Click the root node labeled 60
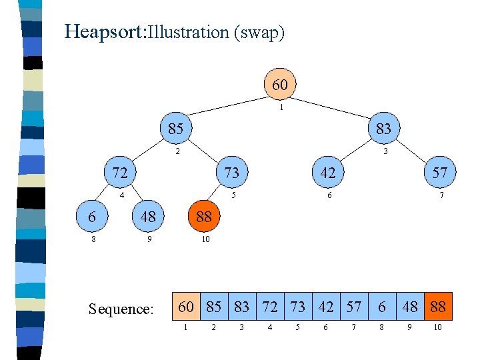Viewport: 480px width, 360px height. coord(280,85)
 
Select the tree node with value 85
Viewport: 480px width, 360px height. coord(175,128)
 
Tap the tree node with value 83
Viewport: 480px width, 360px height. coord(383,128)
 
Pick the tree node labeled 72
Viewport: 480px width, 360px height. coord(120,173)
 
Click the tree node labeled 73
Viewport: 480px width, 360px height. coord(231,173)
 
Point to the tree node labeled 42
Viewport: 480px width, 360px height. coord(328,173)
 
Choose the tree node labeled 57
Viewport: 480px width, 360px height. coord(439,173)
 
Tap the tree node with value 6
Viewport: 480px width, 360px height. coord(92,217)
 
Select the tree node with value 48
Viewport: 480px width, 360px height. coord(148,217)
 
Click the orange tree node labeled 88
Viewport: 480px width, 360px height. coord(204,217)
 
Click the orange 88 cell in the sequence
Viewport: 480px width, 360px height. coord(438,307)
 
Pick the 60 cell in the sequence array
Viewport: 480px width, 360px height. coord(186,307)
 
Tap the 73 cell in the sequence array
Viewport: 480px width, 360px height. coord(298,307)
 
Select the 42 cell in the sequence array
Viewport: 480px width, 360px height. coord(326,307)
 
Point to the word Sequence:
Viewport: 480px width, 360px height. coord(121,309)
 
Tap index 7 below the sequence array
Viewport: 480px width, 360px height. coord(354,327)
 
